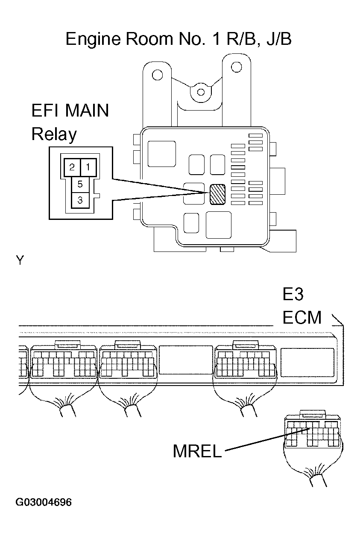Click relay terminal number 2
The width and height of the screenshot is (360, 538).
click(72, 167)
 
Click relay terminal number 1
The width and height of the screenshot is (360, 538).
click(88, 167)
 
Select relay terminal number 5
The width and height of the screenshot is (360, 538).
click(80, 184)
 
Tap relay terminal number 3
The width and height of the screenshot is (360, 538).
click(80, 199)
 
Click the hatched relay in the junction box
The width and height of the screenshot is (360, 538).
click(217, 194)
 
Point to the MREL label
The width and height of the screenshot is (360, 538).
click(197, 451)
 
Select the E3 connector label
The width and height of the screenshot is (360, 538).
click(293, 295)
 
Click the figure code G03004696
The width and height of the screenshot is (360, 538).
click(43, 502)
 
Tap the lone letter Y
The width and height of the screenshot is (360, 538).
click(19, 260)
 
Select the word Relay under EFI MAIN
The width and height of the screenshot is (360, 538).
click(54, 134)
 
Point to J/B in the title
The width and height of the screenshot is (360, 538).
click(278, 39)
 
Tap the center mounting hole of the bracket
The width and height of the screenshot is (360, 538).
click(199, 91)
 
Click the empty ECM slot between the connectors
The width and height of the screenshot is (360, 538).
click(185, 360)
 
